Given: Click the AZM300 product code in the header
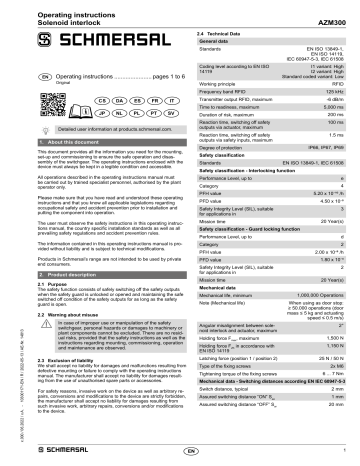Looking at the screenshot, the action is [333, 10].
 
